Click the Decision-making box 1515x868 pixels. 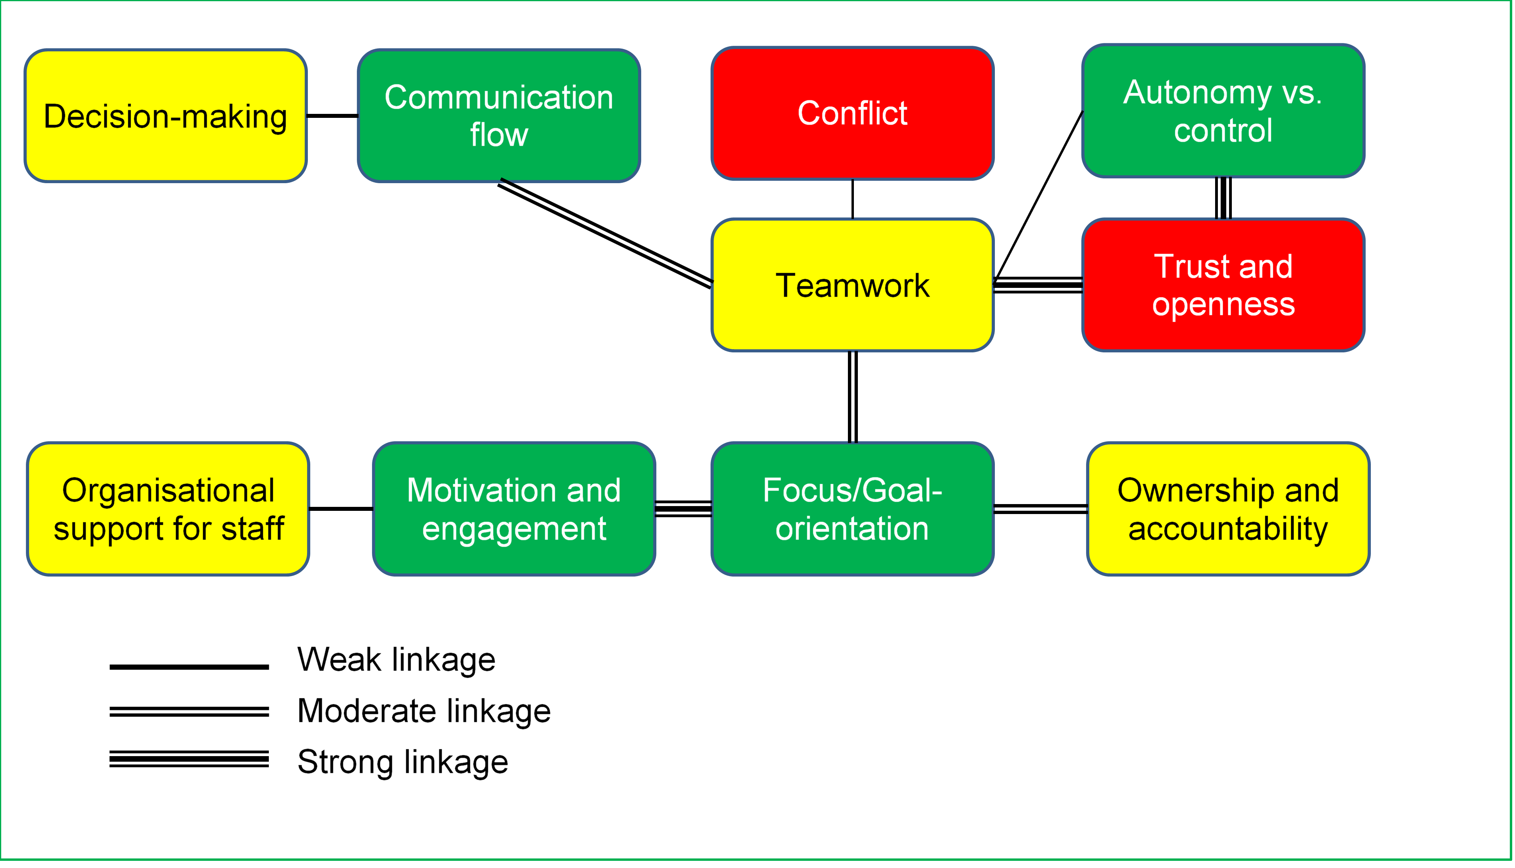[166, 115]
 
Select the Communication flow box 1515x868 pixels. [499, 115]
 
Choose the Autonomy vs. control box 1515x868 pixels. [1223, 111]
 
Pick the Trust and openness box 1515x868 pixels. [1223, 285]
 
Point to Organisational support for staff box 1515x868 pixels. [168, 509]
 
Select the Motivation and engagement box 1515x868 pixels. [514, 509]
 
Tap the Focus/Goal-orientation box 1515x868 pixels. [853, 509]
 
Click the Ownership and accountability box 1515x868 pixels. [1228, 509]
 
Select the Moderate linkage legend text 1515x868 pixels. [424, 711]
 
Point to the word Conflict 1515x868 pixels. [853, 113]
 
